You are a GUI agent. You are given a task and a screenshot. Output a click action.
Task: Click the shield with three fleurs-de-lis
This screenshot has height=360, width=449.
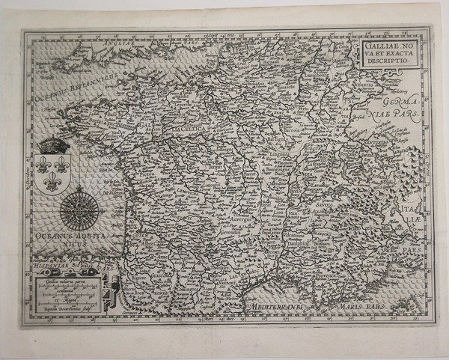(x=52, y=171)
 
